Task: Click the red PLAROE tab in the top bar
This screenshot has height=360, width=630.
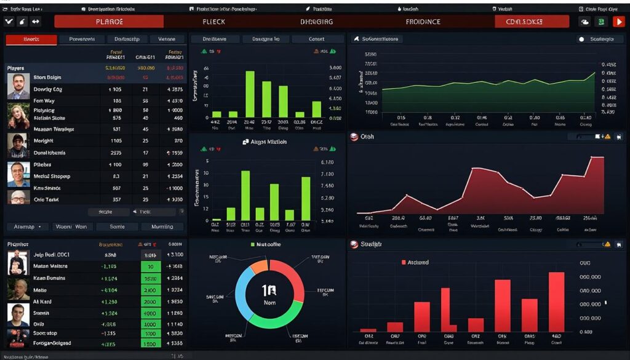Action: click(110, 22)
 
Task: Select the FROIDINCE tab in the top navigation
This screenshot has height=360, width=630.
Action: click(423, 22)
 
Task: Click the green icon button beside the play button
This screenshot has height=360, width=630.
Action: click(601, 22)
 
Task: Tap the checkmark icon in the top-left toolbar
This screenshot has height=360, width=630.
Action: click(9, 22)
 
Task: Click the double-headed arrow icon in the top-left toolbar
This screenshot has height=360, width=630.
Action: click(35, 22)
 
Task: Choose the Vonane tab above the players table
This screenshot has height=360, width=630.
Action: click(167, 39)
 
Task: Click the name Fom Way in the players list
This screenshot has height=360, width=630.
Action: click(44, 101)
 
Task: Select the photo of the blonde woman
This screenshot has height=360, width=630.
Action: click(18, 115)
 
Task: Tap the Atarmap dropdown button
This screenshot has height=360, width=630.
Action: click(26, 226)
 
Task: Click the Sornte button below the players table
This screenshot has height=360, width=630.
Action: click(117, 226)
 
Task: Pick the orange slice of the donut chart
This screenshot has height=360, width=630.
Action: click(258, 266)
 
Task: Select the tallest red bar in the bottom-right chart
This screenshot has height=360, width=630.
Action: click(556, 302)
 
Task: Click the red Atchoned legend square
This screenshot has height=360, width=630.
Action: click(404, 262)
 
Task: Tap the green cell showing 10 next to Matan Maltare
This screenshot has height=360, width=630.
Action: click(151, 266)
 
